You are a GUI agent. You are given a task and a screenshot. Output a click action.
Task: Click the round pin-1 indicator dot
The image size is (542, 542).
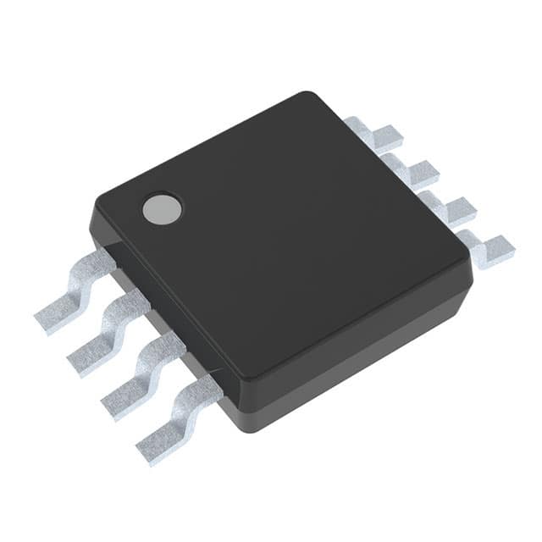[162, 209]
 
